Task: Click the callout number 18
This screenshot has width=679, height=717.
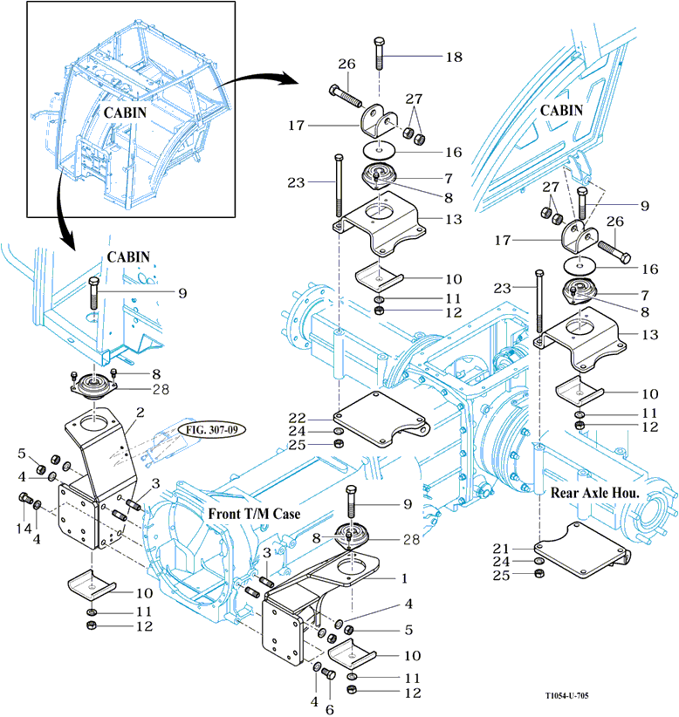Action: click(x=454, y=57)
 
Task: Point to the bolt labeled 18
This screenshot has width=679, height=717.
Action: click(x=380, y=56)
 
